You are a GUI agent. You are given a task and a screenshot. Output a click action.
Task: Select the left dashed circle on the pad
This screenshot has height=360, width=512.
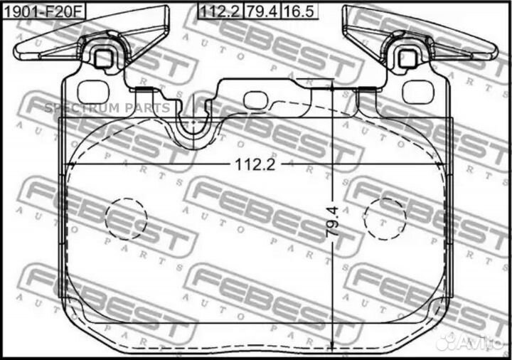(126, 218)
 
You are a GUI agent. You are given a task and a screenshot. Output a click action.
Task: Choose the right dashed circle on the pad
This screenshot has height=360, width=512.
(385, 218)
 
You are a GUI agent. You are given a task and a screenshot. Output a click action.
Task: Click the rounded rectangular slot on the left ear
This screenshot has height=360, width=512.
(90, 91)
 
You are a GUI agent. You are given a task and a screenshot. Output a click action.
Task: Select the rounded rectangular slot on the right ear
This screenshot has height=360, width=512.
(418, 91)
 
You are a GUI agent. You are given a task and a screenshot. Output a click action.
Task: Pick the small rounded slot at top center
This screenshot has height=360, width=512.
(254, 100)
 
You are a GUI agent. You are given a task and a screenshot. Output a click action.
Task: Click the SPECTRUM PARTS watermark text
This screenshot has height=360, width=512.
(107, 108)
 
